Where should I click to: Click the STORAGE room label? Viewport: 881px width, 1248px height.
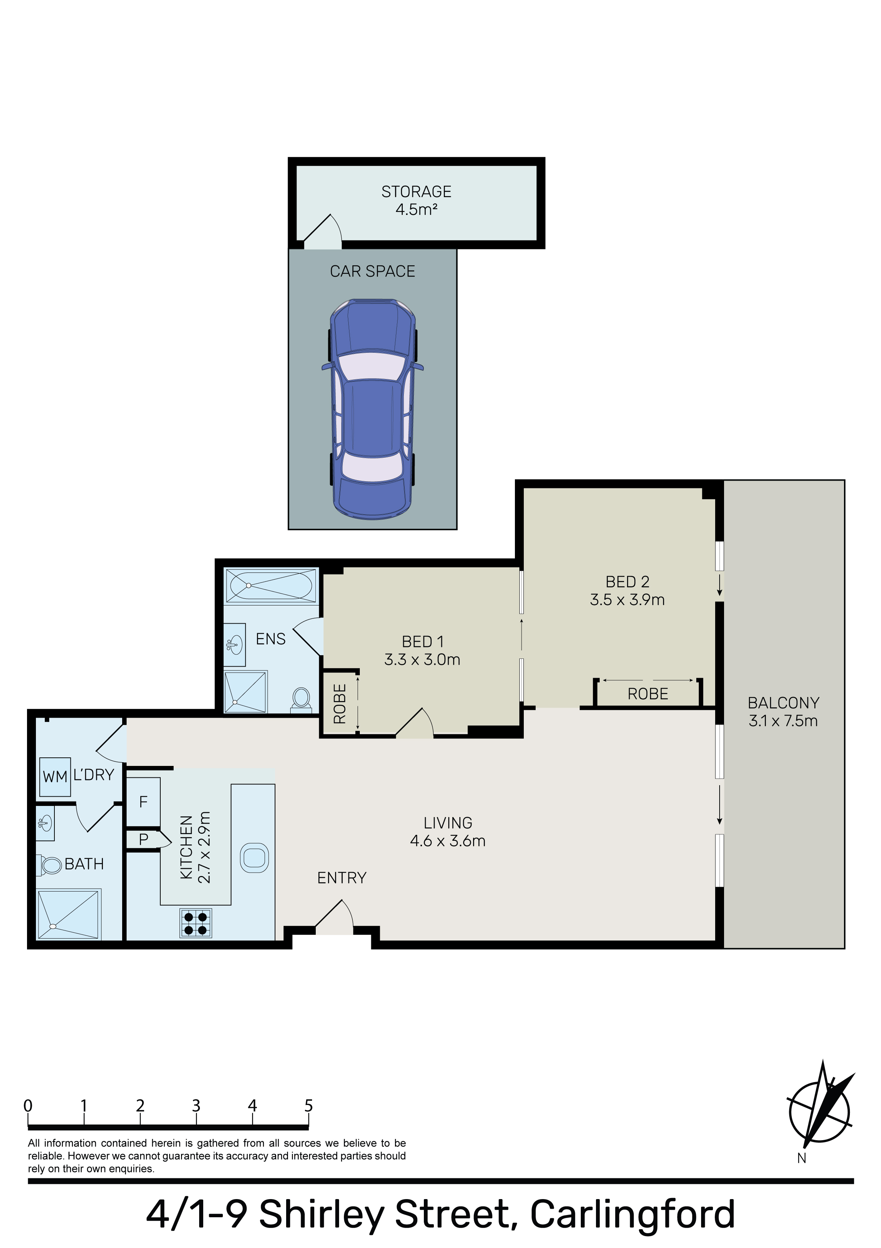coord(416,192)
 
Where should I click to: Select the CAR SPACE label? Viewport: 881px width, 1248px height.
coord(373,271)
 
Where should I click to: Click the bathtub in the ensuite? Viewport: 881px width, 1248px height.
coord(271,585)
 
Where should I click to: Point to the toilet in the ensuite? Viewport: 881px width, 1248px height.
coord(301,698)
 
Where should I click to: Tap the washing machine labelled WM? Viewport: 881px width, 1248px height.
coord(56,777)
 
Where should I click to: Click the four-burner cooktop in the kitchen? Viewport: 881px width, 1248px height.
coord(196,923)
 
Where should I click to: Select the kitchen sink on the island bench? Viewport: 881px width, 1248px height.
coord(254,858)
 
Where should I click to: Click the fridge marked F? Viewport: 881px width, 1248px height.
coord(143,802)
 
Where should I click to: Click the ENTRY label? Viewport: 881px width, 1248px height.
coord(342,878)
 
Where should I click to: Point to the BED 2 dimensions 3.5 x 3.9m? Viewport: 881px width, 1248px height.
coord(627,600)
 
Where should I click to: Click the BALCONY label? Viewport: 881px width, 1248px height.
coord(783,703)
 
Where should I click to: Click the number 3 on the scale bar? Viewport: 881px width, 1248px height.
coord(196,1106)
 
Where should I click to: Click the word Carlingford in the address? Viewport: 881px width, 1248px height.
coord(632,1214)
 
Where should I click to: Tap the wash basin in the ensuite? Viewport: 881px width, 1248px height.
coord(235,645)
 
